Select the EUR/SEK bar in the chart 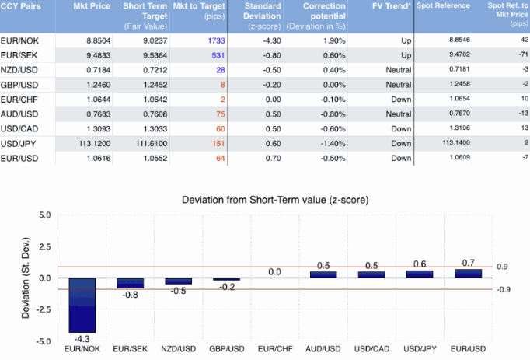pos(131,283)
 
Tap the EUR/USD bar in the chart pos(468,274)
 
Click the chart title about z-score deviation pos(274,200)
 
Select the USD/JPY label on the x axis pos(420,349)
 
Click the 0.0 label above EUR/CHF pos(275,272)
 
